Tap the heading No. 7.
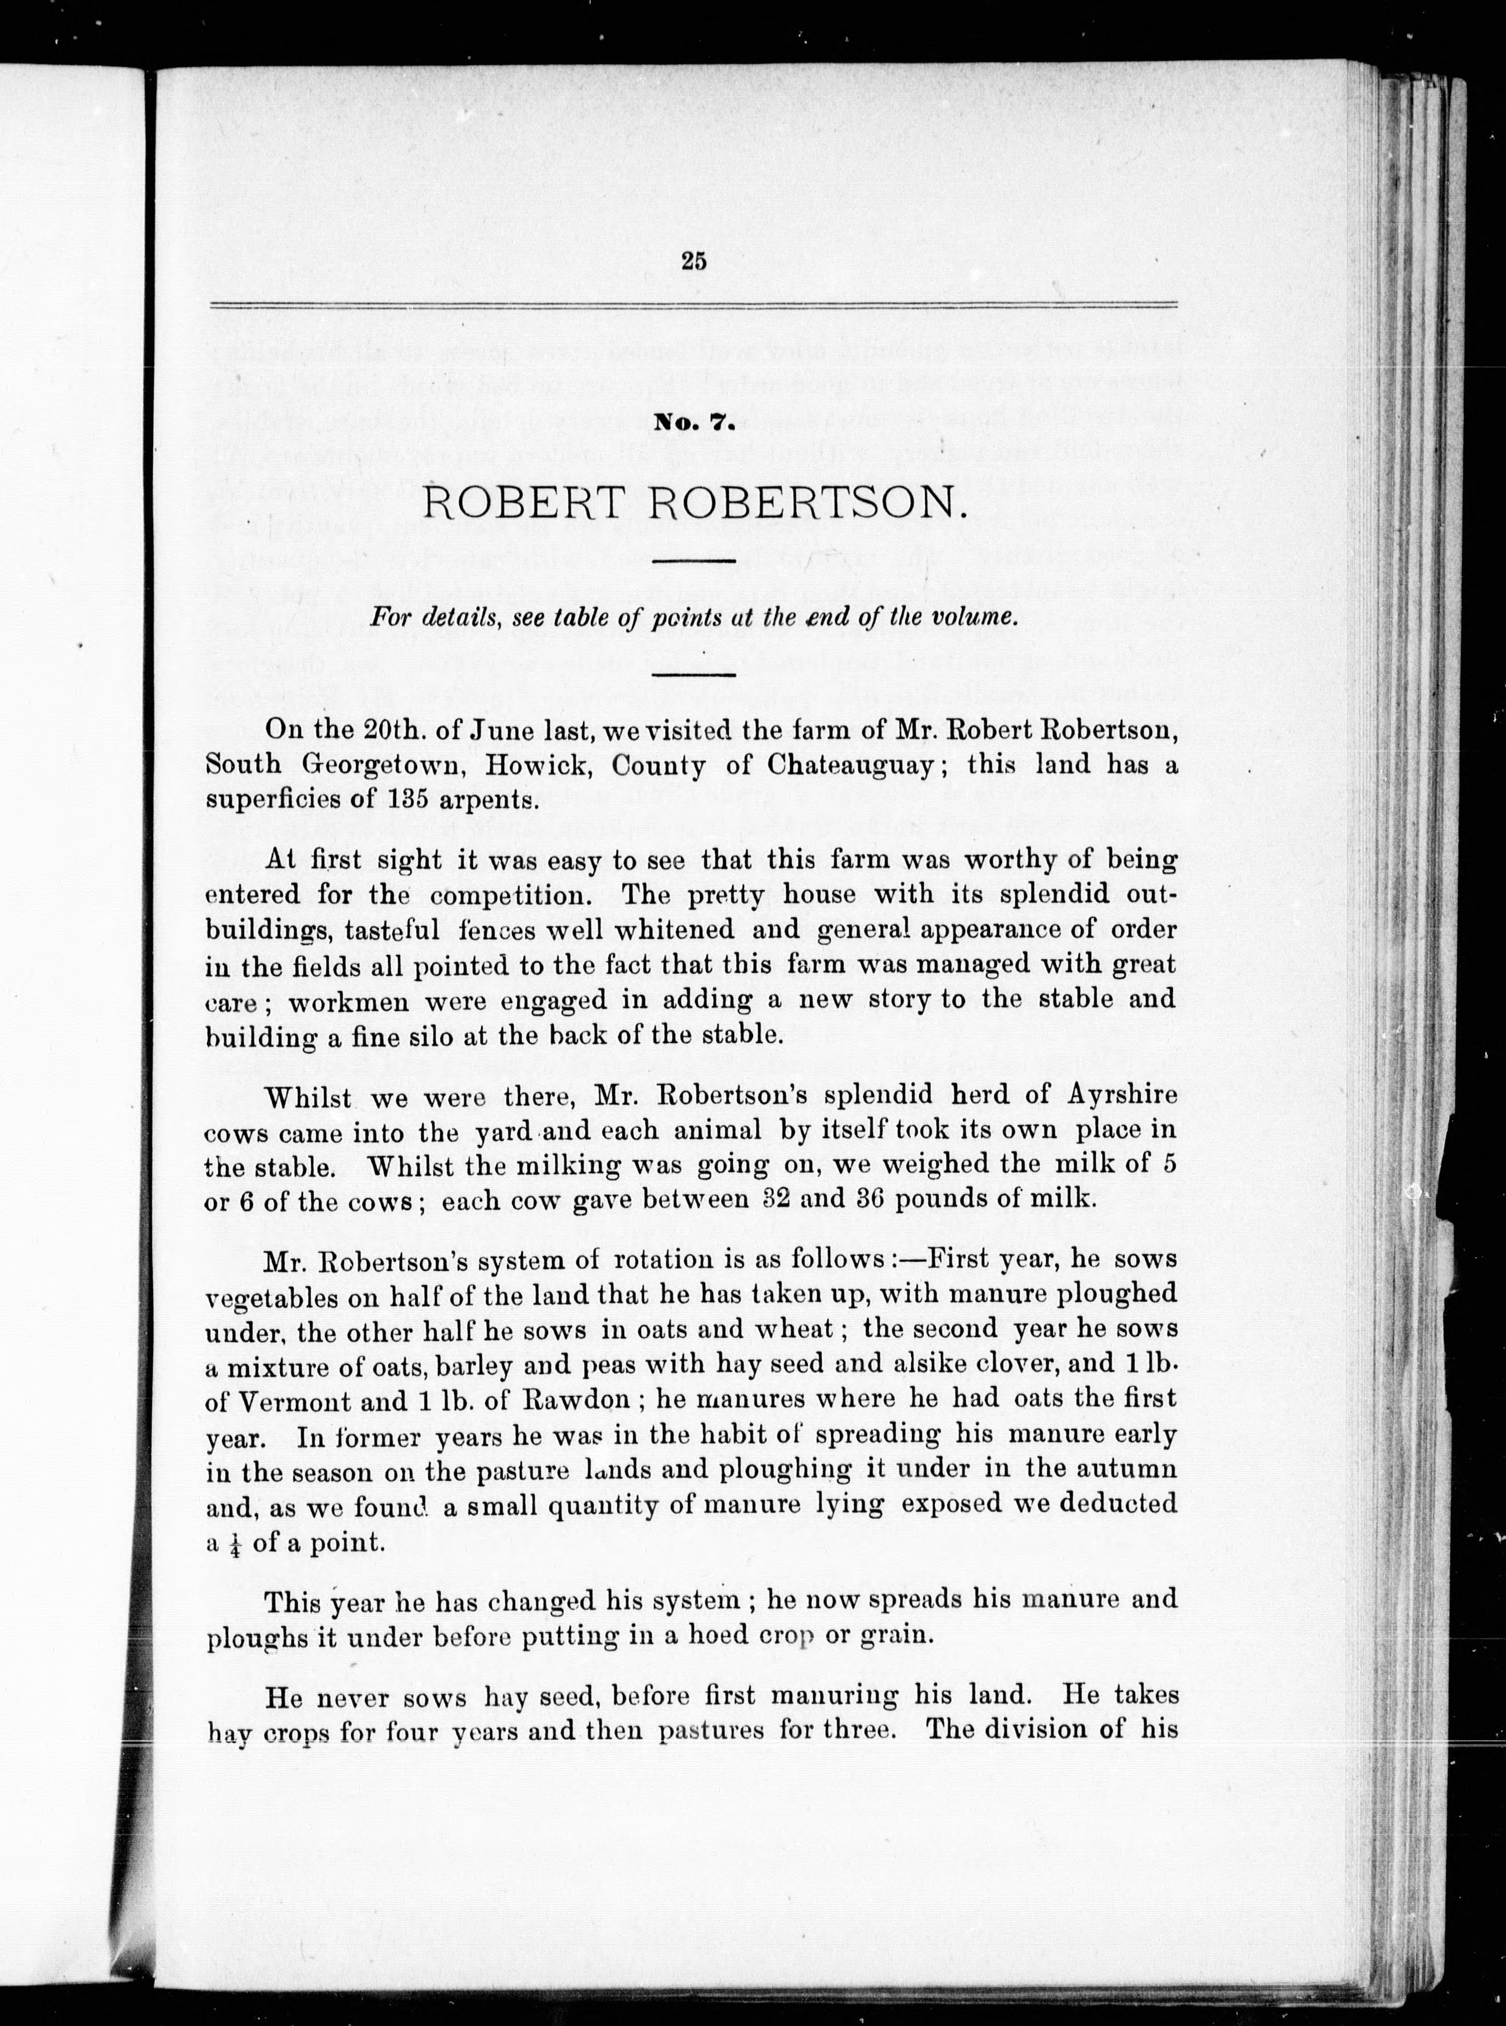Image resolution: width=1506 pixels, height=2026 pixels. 694,422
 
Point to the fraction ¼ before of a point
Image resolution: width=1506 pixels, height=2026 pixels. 238,1543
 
